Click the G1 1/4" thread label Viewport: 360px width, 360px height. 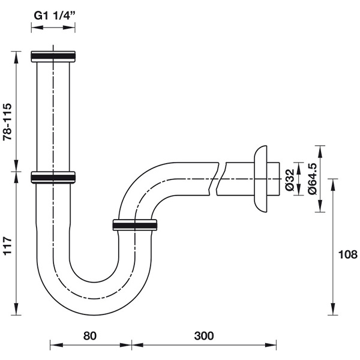pos(55,16)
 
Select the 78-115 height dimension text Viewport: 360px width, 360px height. pos(7,122)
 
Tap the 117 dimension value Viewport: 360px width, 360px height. pos(7,245)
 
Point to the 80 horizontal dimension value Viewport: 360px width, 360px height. pos(90,336)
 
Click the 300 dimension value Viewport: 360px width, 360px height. pos(204,336)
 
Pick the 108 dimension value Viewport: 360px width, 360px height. pos(348,254)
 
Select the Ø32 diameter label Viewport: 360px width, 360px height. pos(290,180)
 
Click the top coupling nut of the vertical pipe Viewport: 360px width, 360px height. pos(53,56)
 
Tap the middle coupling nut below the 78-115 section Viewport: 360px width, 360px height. pos(53,178)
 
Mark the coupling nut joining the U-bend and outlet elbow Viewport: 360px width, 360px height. pos(135,225)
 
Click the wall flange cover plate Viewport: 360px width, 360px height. pos(260,179)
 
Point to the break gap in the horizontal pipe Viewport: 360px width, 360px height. pos(218,179)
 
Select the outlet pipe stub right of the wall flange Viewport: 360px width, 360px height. pos(273,179)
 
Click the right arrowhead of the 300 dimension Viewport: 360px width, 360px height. pos(271,345)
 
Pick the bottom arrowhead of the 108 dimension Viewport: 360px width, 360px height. pos(333,309)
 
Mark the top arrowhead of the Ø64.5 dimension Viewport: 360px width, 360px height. pos(320,151)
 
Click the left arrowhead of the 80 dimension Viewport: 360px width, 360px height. pos(56,345)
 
